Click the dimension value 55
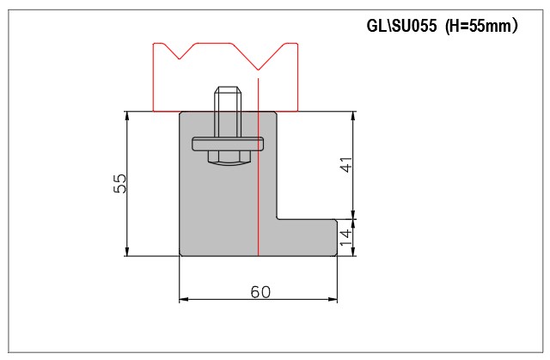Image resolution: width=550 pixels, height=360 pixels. [x=120, y=183]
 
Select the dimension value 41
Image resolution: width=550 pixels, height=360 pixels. [x=346, y=164]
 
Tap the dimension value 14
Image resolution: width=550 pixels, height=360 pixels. [x=346, y=238]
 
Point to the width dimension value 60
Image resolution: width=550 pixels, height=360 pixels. [x=260, y=291]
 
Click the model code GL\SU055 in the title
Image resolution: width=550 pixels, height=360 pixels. [x=401, y=26]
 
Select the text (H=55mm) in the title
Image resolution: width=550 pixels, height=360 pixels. [x=481, y=26]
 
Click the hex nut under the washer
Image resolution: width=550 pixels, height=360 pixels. [x=228, y=158]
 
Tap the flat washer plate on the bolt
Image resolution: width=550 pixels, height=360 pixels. [x=228, y=144]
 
